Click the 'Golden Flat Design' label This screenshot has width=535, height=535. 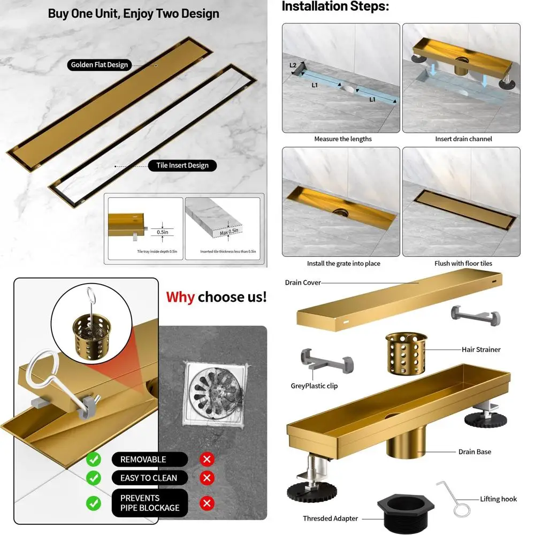tap(100, 65)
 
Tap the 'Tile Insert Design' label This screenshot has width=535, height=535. tap(182, 165)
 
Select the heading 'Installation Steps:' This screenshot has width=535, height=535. tap(335, 6)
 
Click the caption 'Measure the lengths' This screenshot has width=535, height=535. tap(343, 139)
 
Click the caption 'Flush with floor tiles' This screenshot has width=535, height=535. tap(463, 264)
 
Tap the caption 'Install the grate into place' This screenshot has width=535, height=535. tap(343, 264)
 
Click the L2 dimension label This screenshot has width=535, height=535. tap(293, 65)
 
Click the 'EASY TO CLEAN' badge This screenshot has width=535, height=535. tap(149, 478)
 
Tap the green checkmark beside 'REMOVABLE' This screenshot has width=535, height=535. tap(94, 459)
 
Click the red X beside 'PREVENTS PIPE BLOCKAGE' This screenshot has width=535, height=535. tap(207, 503)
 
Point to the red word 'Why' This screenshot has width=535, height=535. tap(180, 297)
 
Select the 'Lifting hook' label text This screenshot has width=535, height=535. tap(498, 499)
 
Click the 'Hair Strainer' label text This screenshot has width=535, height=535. tap(481, 349)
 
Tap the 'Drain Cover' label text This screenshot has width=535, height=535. tap(303, 282)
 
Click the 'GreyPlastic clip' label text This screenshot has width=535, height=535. tap(314, 386)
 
